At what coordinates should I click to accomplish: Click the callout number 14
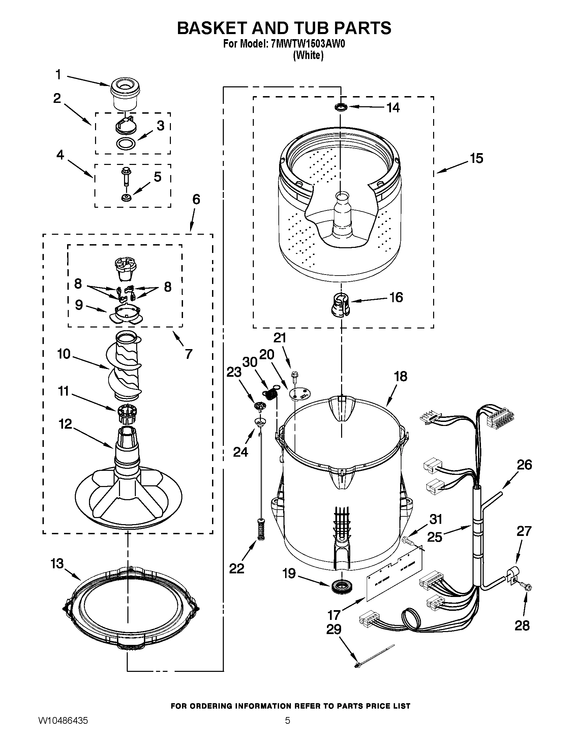click(x=393, y=108)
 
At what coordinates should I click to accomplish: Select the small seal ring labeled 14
click(x=341, y=107)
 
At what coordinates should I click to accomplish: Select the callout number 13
click(x=57, y=564)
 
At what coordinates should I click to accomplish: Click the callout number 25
click(x=434, y=537)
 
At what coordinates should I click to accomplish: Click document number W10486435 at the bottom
click(x=63, y=730)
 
